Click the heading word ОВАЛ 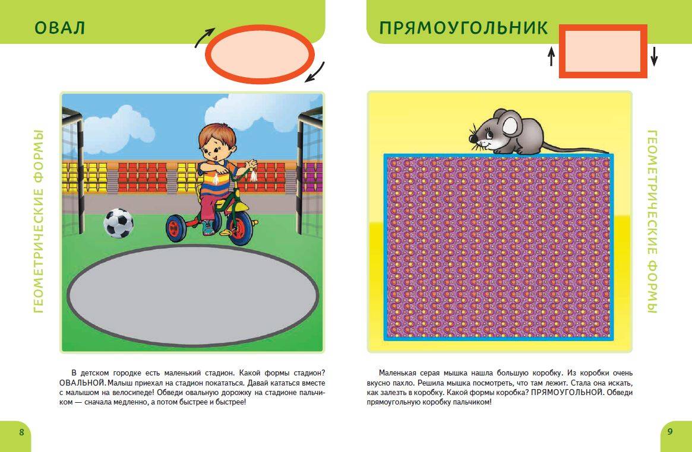tap(59, 28)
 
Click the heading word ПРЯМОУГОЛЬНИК tap(463, 28)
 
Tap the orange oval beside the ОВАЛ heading tap(260, 54)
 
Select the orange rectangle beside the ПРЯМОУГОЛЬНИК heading tap(603, 51)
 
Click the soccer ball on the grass tap(118, 223)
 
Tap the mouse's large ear tap(510, 124)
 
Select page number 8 tap(21, 432)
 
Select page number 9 tap(670, 432)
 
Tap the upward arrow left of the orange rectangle tap(551, 56)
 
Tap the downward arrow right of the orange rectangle tap(654, 56)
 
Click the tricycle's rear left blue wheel tap(176, 228)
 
